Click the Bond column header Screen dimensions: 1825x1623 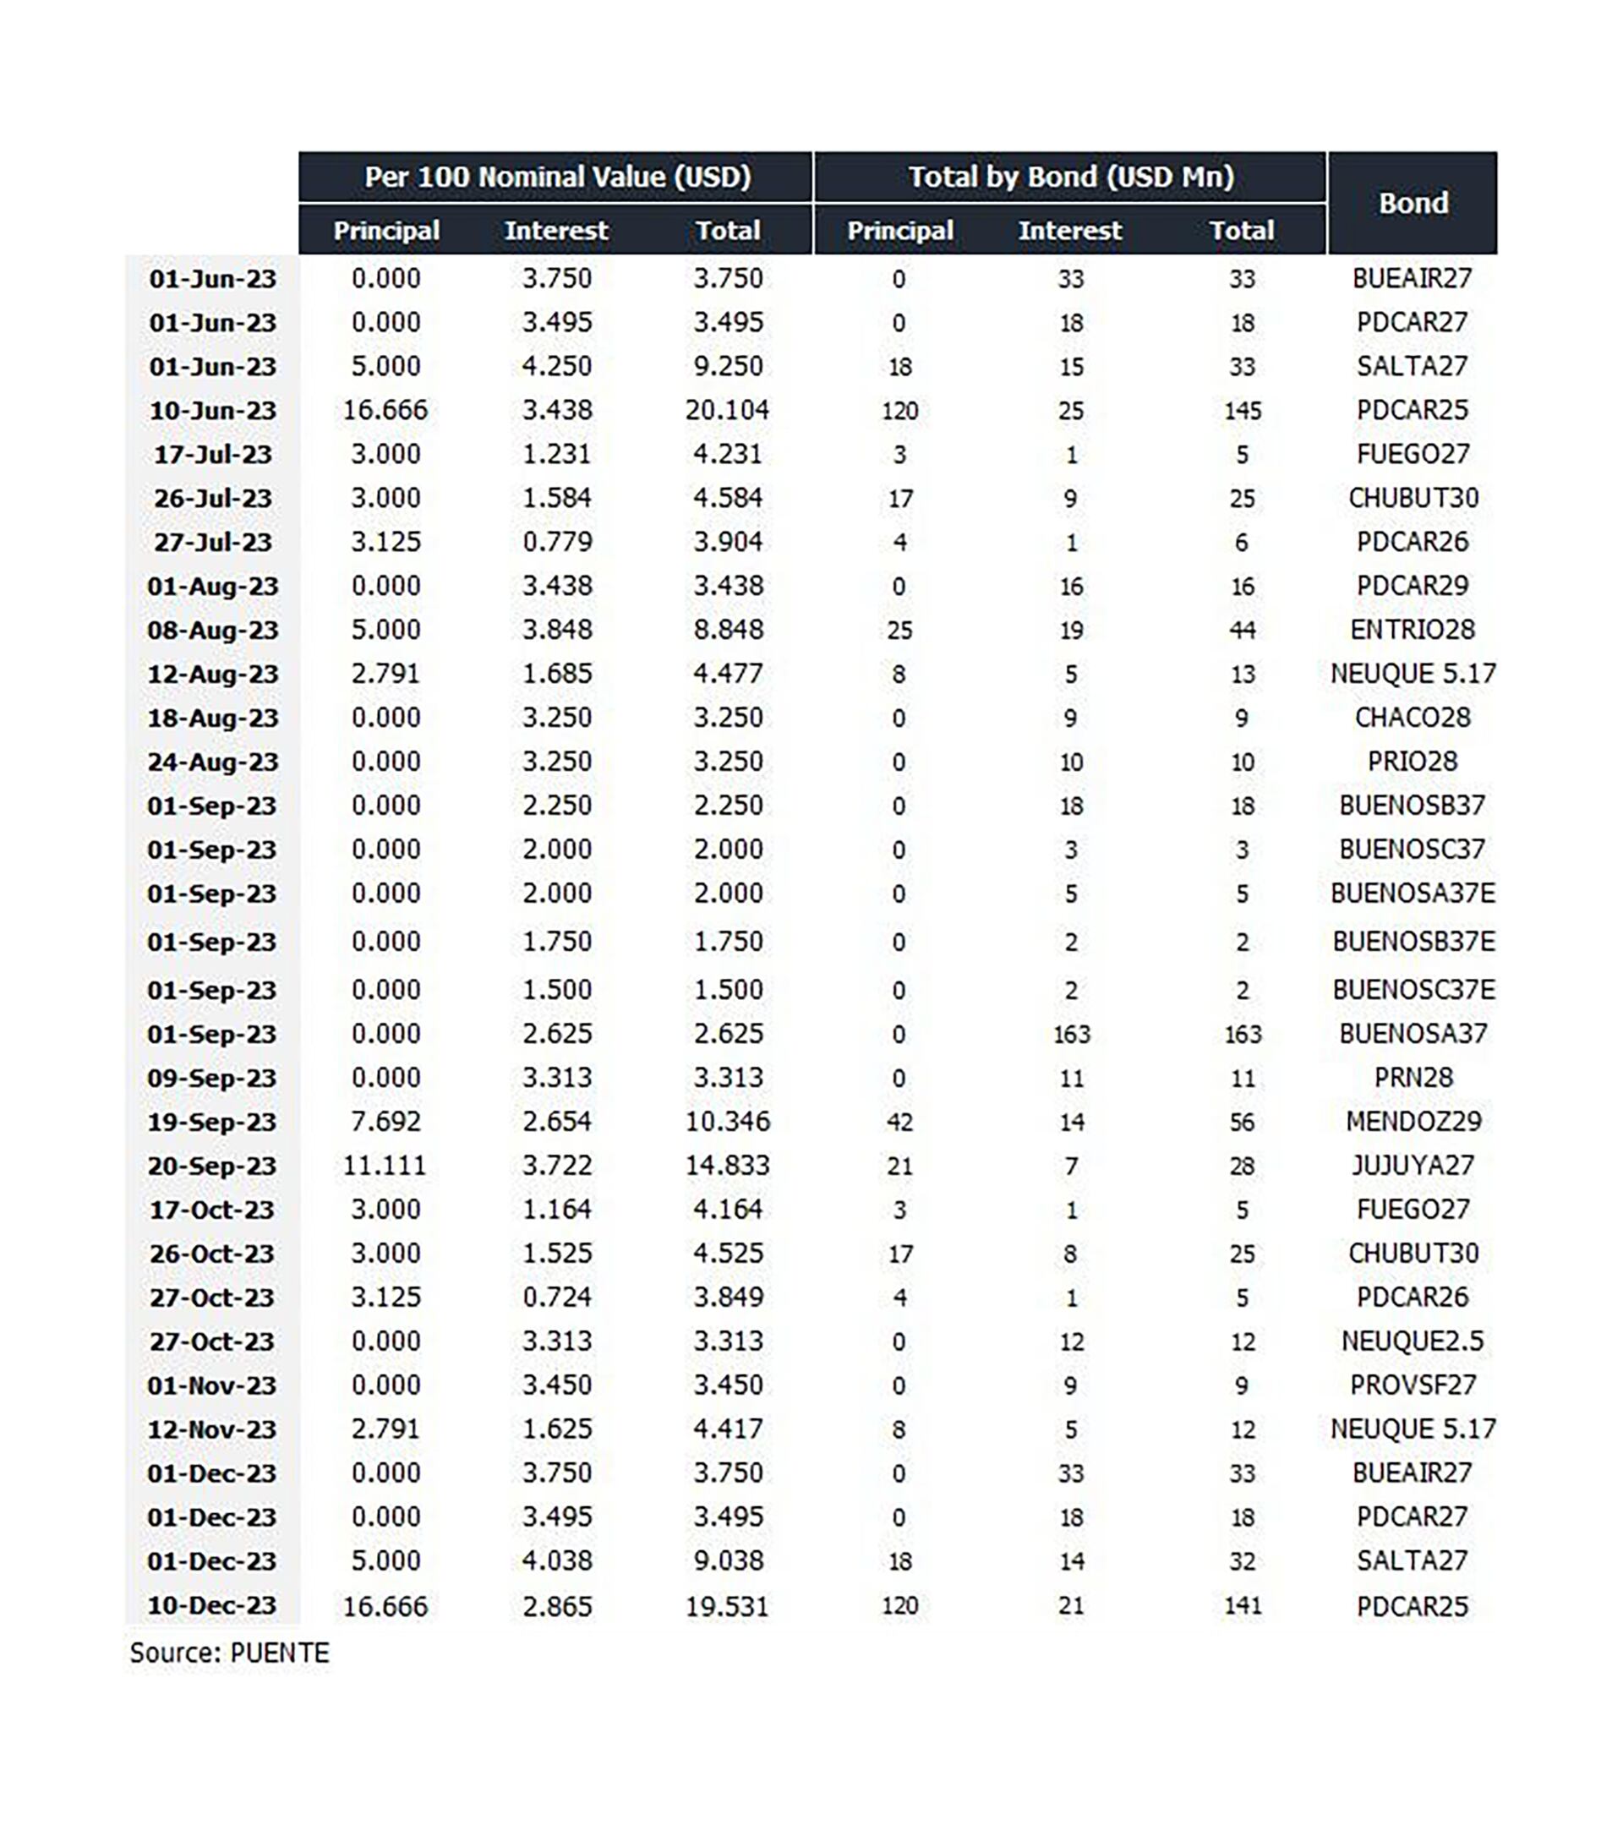tap(1413, 204)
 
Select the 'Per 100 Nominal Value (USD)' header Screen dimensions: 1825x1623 tap(556, 177)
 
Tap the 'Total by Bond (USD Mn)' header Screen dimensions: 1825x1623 tap(1070, 177)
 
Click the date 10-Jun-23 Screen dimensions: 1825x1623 tap(212, 411)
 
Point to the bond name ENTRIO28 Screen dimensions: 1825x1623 tap(1413, 630)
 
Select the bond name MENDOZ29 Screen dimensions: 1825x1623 tap(1413, 1122)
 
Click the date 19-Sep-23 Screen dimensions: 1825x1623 tap(212, 1123)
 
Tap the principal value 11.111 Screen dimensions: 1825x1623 tap(385, 1165)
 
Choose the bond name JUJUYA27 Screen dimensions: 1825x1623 tap(1413, 1165)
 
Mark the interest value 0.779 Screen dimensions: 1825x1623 tap(556, 542)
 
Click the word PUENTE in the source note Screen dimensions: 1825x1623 tap(280, 1653)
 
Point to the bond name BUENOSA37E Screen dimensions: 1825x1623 tap(1413, 893)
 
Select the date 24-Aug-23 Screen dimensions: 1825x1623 tap(212, 762)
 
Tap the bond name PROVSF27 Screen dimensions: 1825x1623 tap(1413, 1385)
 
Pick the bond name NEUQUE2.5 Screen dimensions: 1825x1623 tap(1413, 1341)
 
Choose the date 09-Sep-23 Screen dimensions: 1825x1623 tap(212, 1079)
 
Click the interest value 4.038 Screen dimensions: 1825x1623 tap(556, 1560)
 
